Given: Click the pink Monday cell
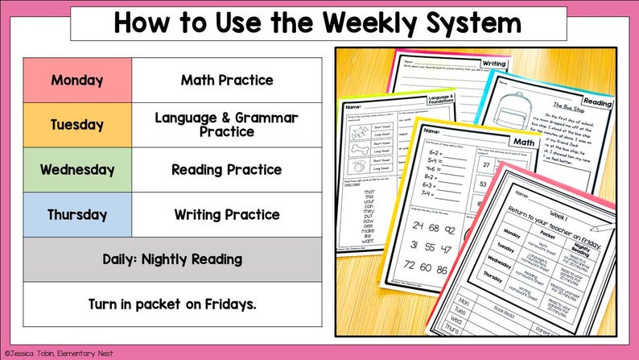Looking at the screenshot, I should (x=77, y=81).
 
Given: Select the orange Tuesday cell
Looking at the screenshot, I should (x=77, y=125).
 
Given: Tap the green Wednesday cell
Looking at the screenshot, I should (x=77, y=170).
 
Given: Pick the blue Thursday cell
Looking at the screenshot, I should (x=77, y=215).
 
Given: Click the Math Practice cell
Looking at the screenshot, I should (x=227, y=81).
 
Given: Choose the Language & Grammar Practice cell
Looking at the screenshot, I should (x=227, y=125).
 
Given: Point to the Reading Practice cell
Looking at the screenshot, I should (x=227, y=170).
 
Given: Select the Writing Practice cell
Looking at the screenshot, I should (x=227, y=215).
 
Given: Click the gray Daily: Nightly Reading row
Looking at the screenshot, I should (x=172, y=259).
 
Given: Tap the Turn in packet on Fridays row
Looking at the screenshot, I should (x=172, y=304).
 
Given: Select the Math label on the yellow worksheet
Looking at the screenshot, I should (x=524, y=143).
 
